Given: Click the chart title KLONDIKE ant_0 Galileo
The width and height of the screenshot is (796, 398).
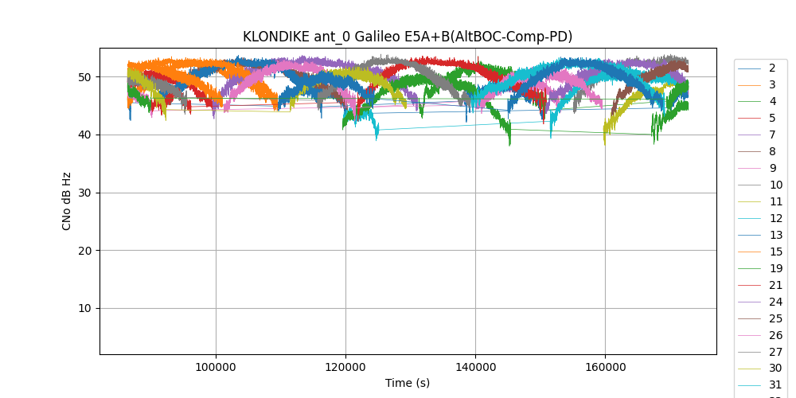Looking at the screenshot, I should (408, 37).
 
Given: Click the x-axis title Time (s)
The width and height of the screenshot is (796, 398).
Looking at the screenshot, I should (408, 383).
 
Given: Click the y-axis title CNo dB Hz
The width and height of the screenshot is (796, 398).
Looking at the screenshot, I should (67, 201).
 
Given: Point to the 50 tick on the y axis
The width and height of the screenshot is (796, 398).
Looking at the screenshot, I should (85, 77).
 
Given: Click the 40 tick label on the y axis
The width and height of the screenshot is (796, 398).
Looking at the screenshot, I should (85, 135).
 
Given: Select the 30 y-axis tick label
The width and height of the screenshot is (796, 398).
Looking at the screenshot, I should (85, 193).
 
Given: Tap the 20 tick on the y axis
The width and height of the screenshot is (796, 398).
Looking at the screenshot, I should (85, 251).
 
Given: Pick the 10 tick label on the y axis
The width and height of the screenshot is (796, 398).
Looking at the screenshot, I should (85, 309).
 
